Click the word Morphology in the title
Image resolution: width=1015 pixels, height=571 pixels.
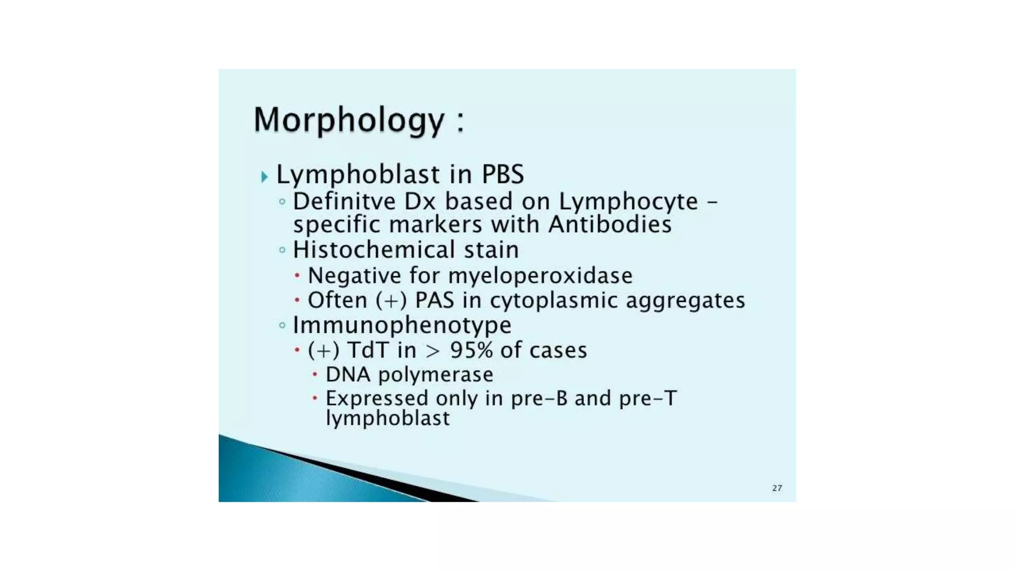pos(349,120)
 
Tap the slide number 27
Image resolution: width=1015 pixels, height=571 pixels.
pos(777,488)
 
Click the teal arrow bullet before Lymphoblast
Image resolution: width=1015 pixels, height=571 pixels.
pos(264,177)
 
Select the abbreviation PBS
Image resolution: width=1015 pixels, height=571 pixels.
pos(503,174)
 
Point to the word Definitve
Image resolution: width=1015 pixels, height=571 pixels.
pos(344,202)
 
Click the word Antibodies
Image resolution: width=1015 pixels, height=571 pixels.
pos(610,225)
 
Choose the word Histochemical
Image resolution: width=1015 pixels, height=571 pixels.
pos(374,249)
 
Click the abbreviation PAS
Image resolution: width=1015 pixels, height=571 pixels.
pos(434,300)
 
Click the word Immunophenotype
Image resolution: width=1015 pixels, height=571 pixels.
pos(402,326)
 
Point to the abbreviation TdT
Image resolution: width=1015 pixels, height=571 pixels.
pos(368,350)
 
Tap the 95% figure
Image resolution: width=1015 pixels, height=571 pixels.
pos(471,350)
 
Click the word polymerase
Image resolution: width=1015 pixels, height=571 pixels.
pos(436,375)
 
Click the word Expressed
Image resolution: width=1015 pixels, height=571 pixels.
pos(377,399)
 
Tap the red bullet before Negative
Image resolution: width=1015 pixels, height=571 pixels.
pos(297,275)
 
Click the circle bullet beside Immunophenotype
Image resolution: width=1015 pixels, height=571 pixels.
pos(282,326)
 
